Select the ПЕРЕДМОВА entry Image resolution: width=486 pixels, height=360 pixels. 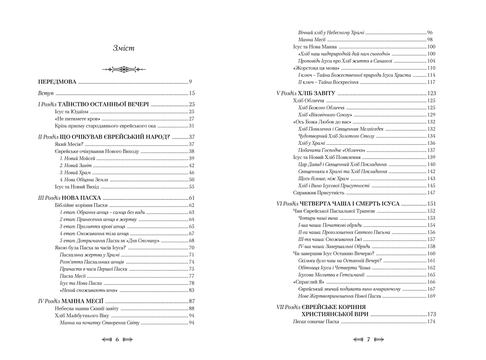click(58, 82)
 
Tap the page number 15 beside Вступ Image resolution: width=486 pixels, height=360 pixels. click(191, 93)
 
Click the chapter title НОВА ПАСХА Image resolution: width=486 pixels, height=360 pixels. click(82, 198)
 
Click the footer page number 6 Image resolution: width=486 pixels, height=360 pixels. click(117, 340)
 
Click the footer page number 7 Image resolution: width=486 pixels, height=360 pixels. click(368, 340)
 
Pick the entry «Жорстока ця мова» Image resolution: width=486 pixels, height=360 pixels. click(313, 68)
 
